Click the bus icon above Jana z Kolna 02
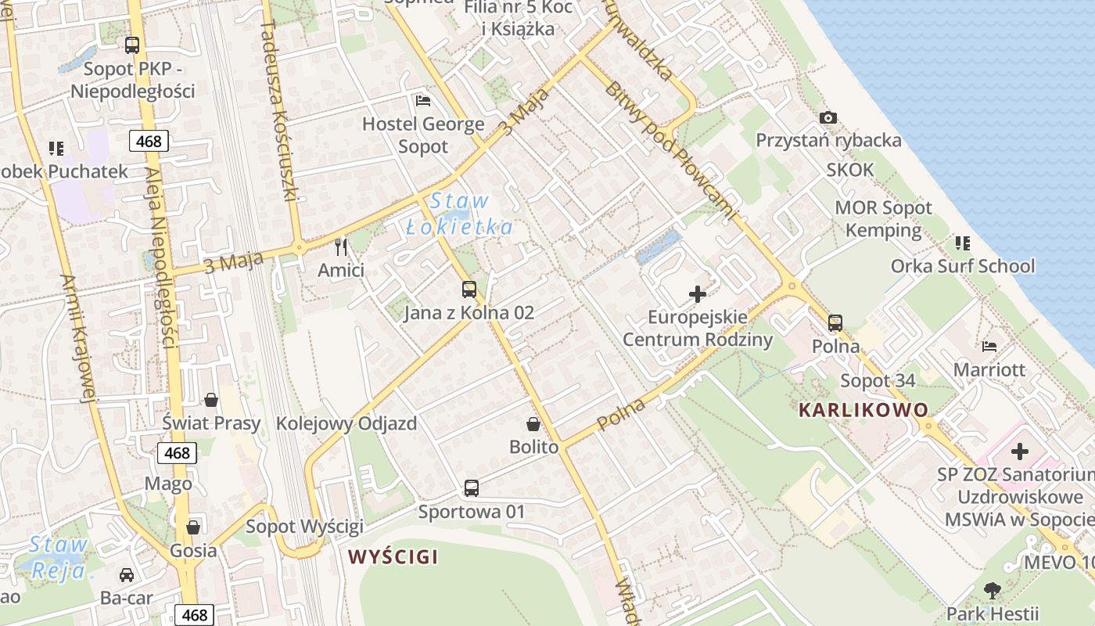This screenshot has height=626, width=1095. point(469,290)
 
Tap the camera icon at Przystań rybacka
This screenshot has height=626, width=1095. point(828,118)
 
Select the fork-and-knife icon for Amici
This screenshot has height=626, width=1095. point(340,247)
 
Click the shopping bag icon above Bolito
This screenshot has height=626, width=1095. point(533,424)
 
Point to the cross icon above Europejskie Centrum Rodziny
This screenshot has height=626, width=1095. point(697,294)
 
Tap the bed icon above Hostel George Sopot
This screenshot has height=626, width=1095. point(423,101)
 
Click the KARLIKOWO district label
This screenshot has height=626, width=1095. point(863,409)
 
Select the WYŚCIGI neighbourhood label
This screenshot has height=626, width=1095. point(393,557)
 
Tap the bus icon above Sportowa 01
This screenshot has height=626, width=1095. point(471,488)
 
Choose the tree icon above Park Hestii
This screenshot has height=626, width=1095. point(992,590)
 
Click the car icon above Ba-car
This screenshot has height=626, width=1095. point(127,575)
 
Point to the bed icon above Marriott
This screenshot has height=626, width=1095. point(989,346)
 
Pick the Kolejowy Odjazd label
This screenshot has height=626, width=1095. point(346,423)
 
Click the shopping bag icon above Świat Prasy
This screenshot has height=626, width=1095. point(211,401)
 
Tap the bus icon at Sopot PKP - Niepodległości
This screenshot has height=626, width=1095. point(132,45)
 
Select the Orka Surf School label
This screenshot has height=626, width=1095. point(963,266)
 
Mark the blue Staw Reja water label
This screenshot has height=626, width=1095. point(58,557)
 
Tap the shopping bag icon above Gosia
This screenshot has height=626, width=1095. point(192,527)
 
